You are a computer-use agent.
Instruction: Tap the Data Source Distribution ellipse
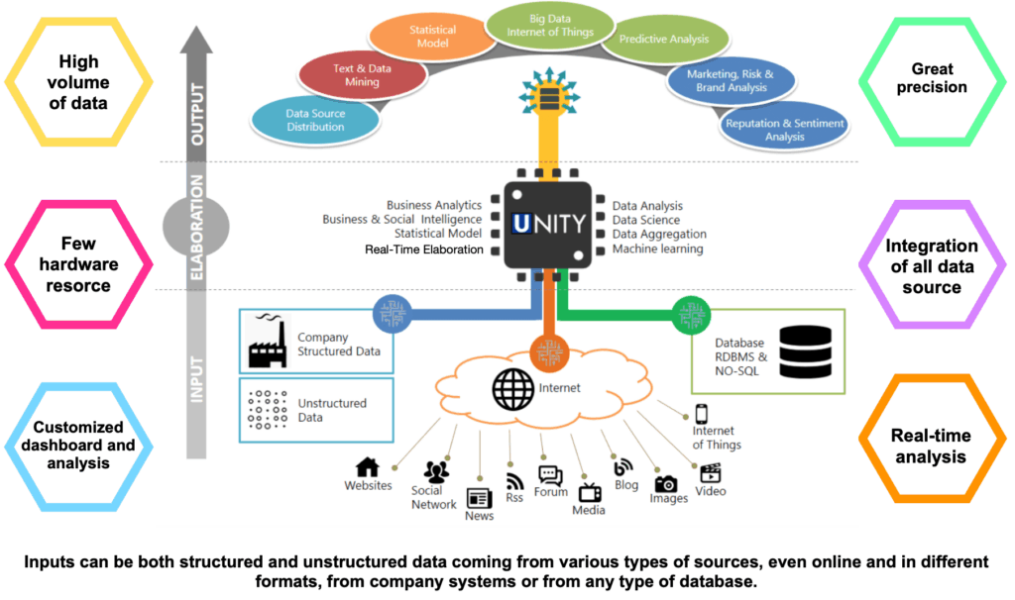(316, 120)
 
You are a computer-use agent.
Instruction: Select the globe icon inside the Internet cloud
(513, 390)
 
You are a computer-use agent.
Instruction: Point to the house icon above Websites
(368, 466)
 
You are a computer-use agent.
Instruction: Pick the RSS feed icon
(514, 480)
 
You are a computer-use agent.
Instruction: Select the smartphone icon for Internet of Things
(701, 413)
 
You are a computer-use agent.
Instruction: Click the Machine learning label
(657, 250)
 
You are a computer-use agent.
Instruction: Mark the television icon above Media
(590, 492)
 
